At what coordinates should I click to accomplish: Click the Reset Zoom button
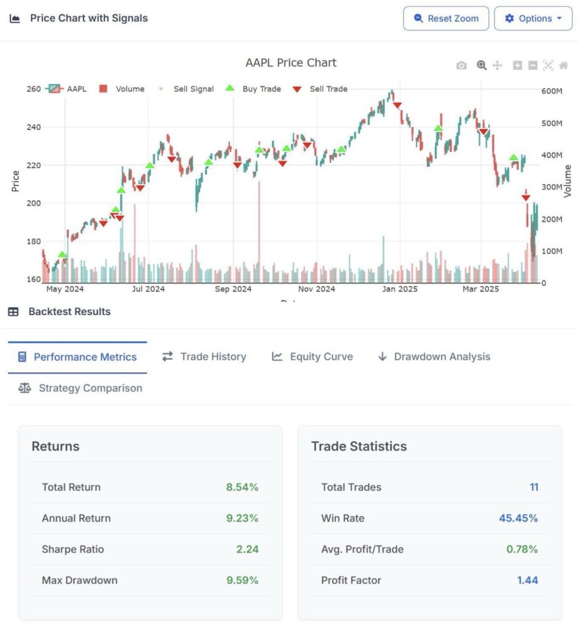tap(446, 18)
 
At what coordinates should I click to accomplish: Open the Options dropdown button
tap(533, 18)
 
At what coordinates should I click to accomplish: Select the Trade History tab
tap(204, 356)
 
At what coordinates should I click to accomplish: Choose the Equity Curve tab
tap(313, 356)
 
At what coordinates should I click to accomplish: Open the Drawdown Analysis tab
tap(434, 356)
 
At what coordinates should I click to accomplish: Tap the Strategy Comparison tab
tap(80, 388)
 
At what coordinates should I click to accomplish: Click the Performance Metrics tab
tap(77, 357)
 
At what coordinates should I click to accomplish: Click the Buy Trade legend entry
tap(253, 89)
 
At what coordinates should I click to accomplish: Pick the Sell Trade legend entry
tap(320, 89)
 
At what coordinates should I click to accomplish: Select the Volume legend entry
tap(122, 89)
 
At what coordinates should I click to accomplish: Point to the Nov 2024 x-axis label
tap(316, 289)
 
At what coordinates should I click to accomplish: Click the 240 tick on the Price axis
tap(34, 127)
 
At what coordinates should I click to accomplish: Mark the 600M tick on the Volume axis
tap(552, 91)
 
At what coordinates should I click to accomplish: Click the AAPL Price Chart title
tap(291, 63)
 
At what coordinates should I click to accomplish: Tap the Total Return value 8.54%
tap(242, 487)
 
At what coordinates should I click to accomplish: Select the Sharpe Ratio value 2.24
tap(247, 549)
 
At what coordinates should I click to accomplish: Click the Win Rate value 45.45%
tap(518, 518)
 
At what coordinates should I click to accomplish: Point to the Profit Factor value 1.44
tap(527, 580)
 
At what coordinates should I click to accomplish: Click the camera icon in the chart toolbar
tap(462, 65)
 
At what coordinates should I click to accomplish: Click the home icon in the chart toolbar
tap(563, 65)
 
